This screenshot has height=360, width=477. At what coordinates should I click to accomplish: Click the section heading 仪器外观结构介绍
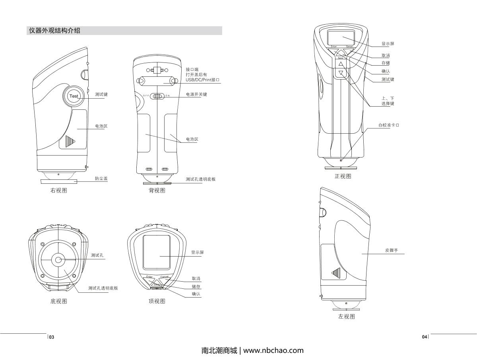pos(54,31)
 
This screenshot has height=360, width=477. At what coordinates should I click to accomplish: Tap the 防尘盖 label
pos(101,179)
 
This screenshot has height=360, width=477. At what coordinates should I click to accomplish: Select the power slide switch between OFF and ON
pos(158,96)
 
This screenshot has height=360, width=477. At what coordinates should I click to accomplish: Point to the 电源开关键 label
pos(196,95)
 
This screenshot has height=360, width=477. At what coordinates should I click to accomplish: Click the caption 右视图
pos(58,191)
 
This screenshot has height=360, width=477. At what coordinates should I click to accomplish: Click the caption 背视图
pos(157,191)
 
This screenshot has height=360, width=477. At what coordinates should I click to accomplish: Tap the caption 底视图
pos(58,301)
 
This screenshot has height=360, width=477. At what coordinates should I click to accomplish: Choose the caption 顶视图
pos(157,301)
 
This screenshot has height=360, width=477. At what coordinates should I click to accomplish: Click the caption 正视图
pos(343,176)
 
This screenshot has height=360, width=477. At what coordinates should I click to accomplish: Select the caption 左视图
pos(347,317)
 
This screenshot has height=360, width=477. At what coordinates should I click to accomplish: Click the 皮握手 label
pos(391,251)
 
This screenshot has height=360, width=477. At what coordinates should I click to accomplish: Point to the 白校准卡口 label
pos(388,125)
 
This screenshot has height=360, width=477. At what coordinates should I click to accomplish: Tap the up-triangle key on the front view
pos(341,64)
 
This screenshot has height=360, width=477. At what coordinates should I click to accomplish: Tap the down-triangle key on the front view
pos(341,73)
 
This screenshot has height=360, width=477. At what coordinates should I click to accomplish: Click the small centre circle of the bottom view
pos(58,260)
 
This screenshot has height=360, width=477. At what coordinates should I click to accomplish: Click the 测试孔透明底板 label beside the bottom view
pos(103,288)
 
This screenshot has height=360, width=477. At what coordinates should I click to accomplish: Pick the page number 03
pos(52,337)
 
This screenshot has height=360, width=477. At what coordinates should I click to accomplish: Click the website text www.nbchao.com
pos(273,350)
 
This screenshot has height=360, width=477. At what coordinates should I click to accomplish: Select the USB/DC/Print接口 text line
pos(203,80)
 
